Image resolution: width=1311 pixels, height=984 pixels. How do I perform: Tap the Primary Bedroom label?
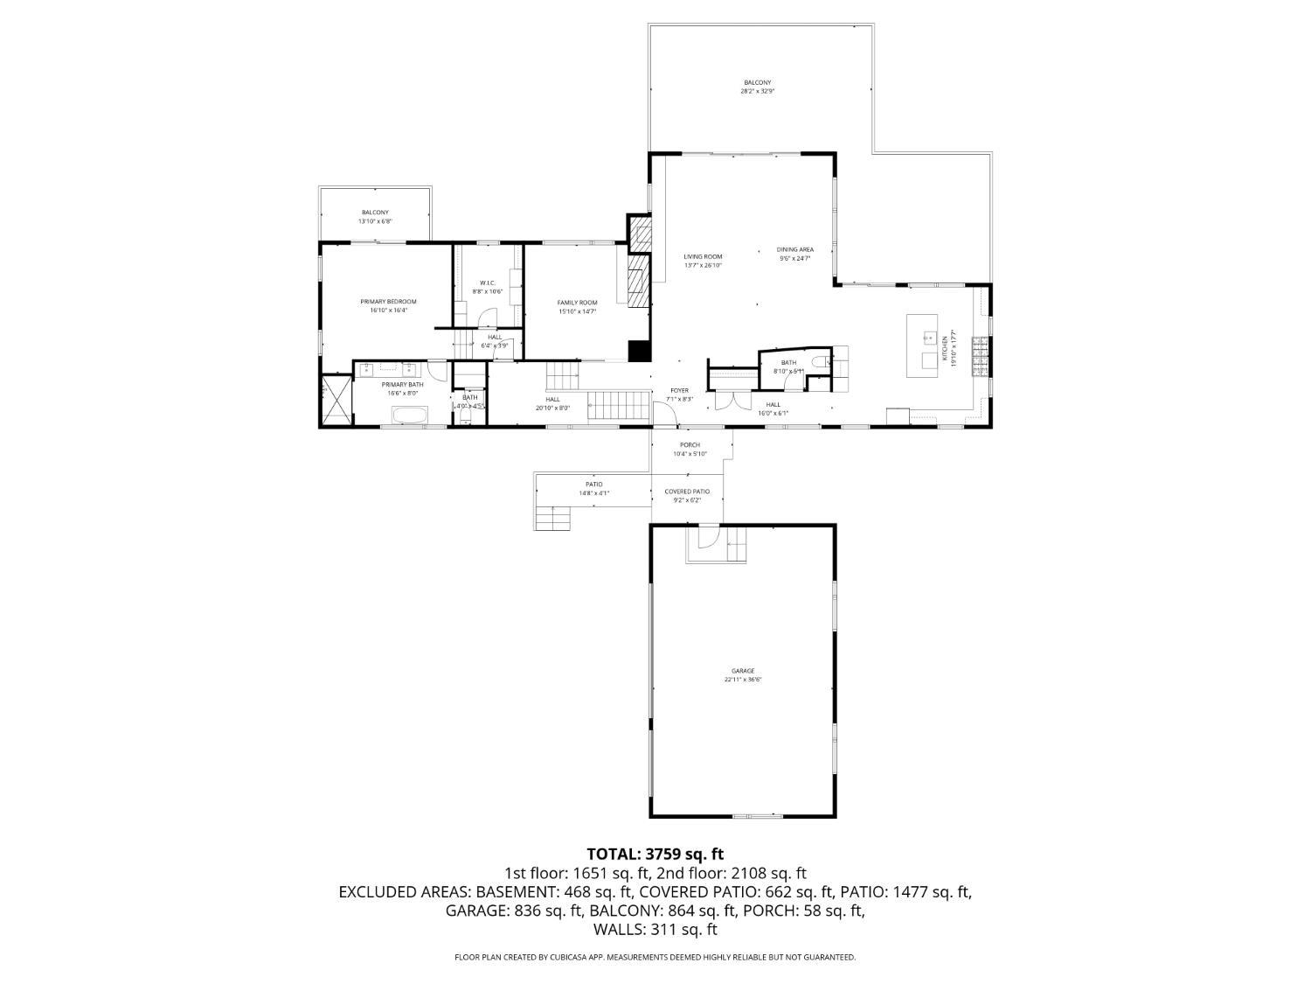point(388,302)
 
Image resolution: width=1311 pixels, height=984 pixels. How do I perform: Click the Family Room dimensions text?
point(577,311)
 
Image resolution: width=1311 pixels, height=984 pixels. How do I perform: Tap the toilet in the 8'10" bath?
point(817,360)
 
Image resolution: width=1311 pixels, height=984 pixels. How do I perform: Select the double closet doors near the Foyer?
point(726,401)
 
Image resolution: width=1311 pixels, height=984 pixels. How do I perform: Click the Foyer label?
point(679,390)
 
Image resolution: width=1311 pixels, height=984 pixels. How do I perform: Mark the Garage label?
point(743,671)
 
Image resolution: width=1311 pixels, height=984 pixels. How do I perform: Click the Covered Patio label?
point(687,492)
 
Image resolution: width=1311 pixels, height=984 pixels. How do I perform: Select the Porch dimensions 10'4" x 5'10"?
point(690,454)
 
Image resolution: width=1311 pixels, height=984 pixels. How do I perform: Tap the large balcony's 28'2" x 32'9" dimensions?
point(757,91)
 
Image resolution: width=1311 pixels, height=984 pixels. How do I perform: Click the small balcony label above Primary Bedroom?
point(375,213)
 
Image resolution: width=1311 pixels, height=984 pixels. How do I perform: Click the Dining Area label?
point(794,249)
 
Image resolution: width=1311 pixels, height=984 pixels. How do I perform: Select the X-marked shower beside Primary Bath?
point(336,400)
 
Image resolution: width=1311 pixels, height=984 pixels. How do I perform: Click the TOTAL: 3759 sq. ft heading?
point(655,854)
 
